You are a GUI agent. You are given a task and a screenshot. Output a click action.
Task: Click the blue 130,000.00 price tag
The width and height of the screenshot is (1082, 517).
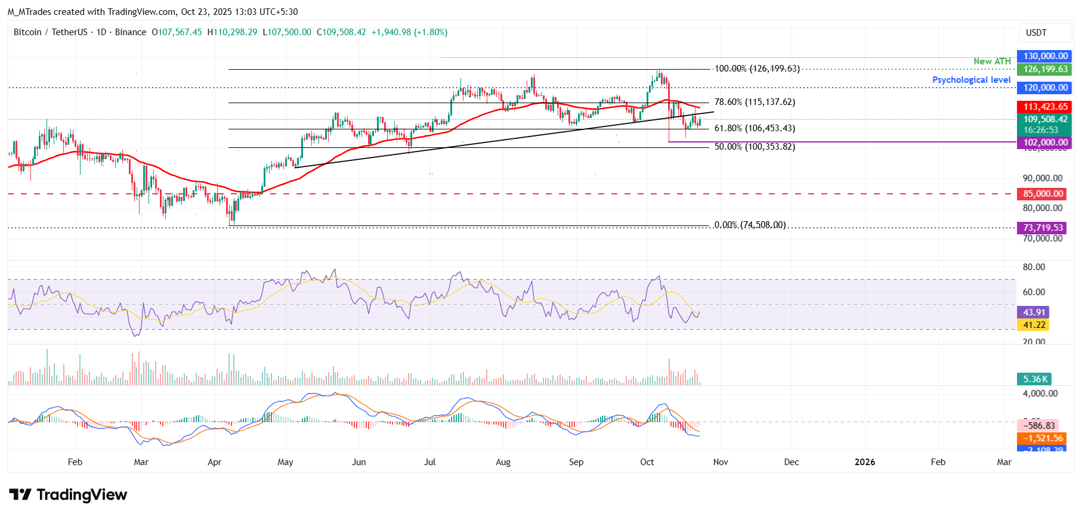(x=1045, y=56)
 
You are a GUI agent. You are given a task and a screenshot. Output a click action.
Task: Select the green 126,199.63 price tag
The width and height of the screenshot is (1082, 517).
(x=1045, y=69)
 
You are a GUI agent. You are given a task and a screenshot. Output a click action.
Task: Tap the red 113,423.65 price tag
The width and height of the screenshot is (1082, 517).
(x=1045, y=107)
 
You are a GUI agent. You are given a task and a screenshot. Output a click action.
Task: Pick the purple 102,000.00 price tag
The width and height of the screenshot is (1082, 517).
(x=1045, y=143)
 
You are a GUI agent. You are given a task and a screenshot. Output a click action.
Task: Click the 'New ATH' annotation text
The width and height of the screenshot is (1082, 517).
(x=992, y=61)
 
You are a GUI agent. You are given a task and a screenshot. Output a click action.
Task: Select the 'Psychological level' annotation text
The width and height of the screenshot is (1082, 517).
(x=971, y=80)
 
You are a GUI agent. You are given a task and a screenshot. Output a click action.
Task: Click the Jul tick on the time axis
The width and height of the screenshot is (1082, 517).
(x=429, y=462)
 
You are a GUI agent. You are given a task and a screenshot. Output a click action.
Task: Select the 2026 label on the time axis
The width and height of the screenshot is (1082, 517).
(x=864, y=462)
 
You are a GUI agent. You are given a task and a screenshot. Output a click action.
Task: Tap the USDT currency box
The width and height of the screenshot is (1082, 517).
(x=1036, y=33)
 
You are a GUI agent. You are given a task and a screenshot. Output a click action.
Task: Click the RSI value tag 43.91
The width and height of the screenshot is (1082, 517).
(x=1034, y=312)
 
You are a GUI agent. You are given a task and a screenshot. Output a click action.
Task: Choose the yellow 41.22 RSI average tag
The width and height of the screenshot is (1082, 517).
(x=1034, y=325)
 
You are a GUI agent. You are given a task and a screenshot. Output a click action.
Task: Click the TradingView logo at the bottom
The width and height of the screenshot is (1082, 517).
(x=68, y=495)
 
